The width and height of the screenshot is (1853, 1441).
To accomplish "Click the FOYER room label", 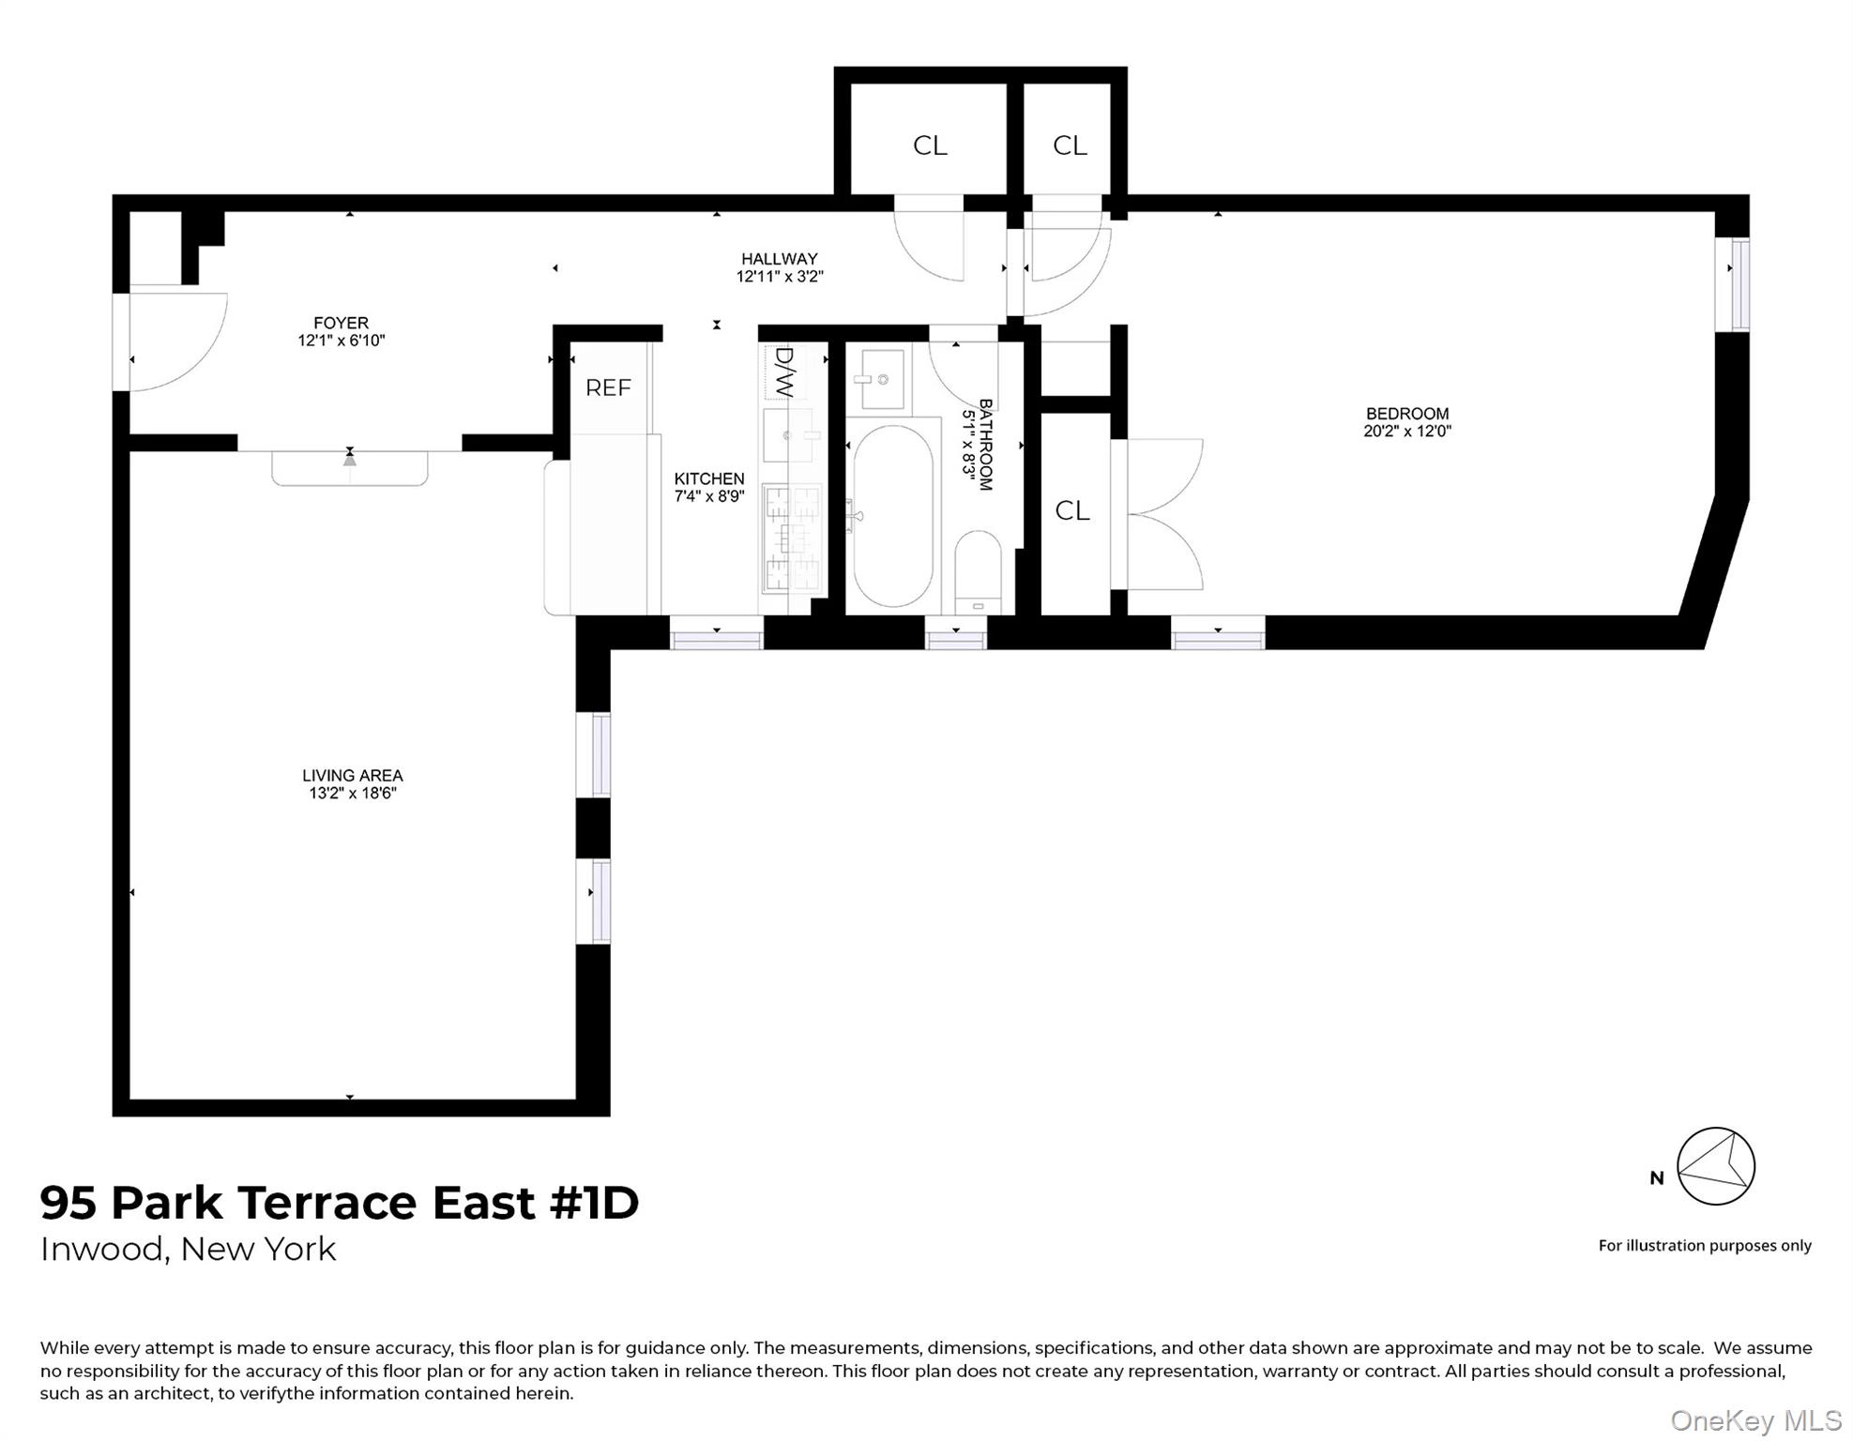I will tap(341, 323).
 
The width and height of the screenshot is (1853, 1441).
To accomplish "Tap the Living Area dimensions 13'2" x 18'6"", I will tap(353, 794).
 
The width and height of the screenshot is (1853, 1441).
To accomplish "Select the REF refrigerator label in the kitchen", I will tap(608, 387).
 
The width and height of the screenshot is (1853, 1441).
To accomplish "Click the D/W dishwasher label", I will tap(784, 372).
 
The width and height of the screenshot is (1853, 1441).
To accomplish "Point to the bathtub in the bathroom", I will tap(892, 516).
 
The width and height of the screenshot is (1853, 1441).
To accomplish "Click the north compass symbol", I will tap(1715, 1166).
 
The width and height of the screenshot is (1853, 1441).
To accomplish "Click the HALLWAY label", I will tap(779, 259).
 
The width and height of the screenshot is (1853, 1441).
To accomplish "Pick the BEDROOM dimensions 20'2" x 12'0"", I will tap(1406, 432).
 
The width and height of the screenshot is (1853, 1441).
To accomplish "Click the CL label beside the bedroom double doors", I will tap(1072, 510).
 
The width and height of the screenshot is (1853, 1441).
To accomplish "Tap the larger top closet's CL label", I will tap(930, 145).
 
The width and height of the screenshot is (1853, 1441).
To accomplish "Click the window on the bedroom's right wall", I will tap(1739, 285).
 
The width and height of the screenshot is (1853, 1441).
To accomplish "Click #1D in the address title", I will tap(594, 1203).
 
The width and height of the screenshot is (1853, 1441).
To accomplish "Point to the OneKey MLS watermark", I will tap(1755, 1420).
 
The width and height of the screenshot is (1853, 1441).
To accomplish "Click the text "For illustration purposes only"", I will tap(1704, 1246).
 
